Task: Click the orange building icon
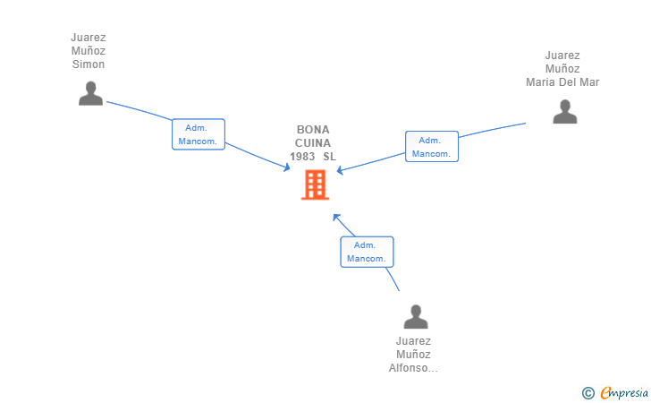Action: click(315, 184)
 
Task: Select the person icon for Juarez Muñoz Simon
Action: click(90, 93)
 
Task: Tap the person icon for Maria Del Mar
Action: click(564, 111)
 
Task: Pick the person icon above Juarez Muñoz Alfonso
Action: click(416, 316)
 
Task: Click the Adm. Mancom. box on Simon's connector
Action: click(199, 134)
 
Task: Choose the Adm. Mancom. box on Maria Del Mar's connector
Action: click(432, 146)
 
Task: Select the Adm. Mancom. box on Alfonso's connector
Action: click(367, 252)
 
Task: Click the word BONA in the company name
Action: click(313, 130)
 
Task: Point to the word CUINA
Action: click(313, 143)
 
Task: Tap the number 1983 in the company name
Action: click(302, 157)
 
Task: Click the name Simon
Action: click(89, 64)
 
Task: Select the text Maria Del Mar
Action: click(562, 81)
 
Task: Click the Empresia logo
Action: click(624, 392)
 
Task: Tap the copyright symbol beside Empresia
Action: click(588, 393)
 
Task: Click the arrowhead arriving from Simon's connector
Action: click(287, 167)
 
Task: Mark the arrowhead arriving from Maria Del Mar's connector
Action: click(340, 170)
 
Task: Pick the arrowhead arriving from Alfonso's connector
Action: click(336, 217)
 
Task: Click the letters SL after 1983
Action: click(330, 157)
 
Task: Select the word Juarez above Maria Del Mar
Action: click(562, 56)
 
